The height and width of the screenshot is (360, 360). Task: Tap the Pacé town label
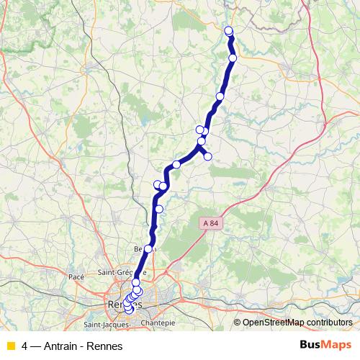tap(76, 276)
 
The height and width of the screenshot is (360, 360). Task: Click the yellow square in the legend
tap(9, 346)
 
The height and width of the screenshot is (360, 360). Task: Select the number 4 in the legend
tap(25, 346)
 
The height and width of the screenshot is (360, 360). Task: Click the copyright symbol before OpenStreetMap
tap(238, 322)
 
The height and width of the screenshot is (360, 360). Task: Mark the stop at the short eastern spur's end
tap(207, 156)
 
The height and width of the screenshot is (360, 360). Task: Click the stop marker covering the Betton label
tap(148, 248)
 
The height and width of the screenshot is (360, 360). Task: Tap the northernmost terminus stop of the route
tap(228, 30)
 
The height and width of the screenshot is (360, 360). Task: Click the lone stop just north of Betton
tap(159, 209)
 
